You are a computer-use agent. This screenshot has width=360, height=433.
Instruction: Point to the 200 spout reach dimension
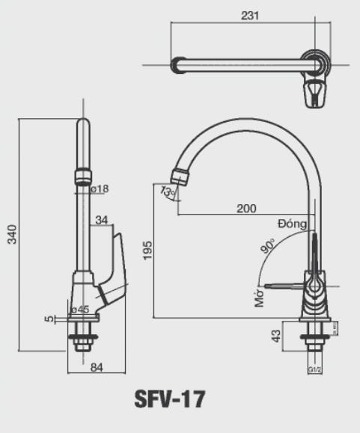click(x=246, y=208)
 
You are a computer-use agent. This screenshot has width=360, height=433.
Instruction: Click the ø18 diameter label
click(x=100, y=188)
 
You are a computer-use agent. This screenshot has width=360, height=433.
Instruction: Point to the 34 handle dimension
click(x=102, y=219)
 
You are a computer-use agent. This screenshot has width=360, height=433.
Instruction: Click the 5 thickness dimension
click(x=49, y=319)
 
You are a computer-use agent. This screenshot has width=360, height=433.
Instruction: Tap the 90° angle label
click(x=268, y=247)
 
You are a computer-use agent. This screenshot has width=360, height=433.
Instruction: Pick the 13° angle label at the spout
click(x=168, y=192)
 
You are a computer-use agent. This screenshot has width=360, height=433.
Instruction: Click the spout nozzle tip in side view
click(x=180, y=177)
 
